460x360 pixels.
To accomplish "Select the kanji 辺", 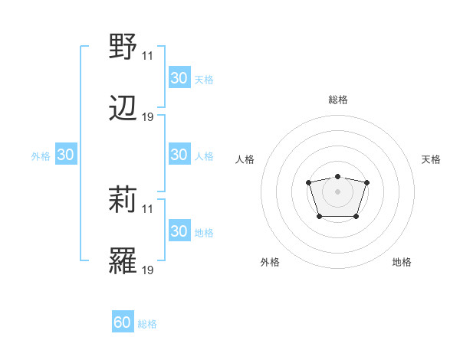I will (x=123, y=109).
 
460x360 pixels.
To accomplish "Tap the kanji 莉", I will (x=123, y=201).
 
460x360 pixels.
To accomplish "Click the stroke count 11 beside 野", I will (x=148, y=55).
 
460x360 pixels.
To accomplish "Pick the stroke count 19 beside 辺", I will (x=148, y=117).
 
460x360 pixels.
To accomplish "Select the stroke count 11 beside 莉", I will (x=148, y=209).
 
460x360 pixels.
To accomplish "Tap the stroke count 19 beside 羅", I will (x=148, y=271).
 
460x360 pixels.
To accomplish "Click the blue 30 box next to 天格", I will (x=179, y=78).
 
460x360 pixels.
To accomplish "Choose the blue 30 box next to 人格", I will (x=179, y=155).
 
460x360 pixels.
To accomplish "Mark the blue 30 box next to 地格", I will (x=179, y=231).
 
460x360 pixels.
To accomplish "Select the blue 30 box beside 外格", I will (x=66, y=155).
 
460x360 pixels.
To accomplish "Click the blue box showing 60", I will (x=123, y=322).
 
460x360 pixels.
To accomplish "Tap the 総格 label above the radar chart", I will (x=338, y=100).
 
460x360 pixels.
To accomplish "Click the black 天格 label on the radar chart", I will (x=431, y=159).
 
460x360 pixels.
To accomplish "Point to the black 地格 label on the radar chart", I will (x=402, y=262).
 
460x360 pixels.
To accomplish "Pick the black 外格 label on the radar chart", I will (x=270, y=262).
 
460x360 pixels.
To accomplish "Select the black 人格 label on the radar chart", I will (x=245, y=159).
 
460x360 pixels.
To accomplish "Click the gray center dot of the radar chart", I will (x=337, y=191).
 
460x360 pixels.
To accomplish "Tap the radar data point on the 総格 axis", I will (x=337, y=177).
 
